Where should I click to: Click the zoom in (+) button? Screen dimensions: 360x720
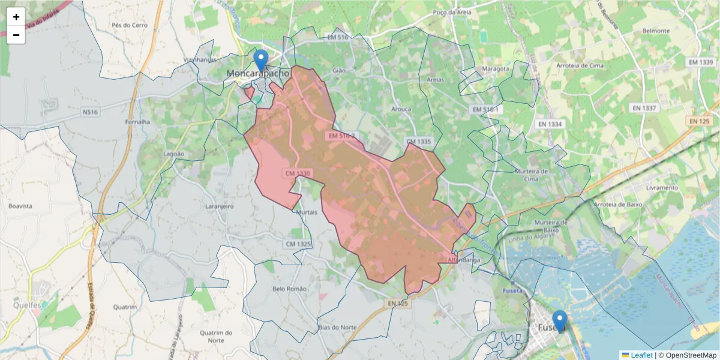coord(16,17)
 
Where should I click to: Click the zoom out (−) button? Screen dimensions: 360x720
coord(16,35)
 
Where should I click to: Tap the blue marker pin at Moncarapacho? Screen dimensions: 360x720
coord(260,61)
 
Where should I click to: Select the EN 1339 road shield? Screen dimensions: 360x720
coord(701,62)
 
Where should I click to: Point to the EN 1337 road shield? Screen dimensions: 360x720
coord(644,109)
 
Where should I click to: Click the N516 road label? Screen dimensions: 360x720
coord(90,112)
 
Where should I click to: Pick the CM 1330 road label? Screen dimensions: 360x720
coord(298,173)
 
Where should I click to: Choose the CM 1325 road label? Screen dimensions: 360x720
coord(298,244)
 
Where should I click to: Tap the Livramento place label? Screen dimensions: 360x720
coord(662,188)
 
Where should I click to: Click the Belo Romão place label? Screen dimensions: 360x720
coord(289,289)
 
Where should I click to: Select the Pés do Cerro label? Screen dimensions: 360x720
coord(129,25)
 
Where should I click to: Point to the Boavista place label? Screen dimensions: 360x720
coord(20,206)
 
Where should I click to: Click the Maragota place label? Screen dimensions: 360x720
coord(494,68)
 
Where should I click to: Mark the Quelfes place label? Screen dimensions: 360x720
coord(28,305)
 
